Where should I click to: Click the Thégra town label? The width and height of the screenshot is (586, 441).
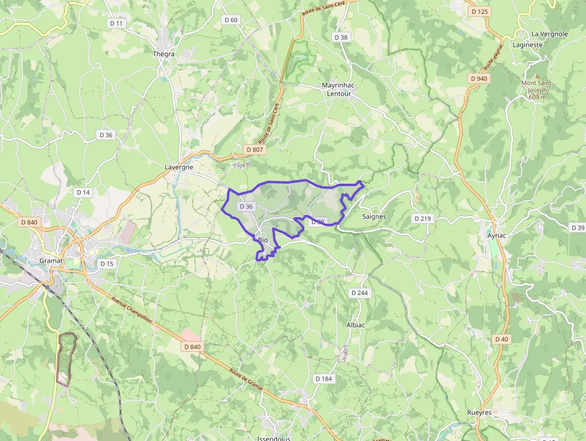click(x=163, y=54)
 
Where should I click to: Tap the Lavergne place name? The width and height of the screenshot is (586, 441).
click(x=179, y=168)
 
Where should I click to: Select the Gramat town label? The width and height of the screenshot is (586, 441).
click(x=51, y=261)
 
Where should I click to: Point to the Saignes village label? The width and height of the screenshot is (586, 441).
click(x=374, y=217)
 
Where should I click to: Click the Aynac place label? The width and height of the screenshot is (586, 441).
click(x=496, y=235)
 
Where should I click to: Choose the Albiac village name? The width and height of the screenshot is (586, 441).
click(x=356, y=325)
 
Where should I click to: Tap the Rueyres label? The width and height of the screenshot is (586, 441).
click(x=480, y=413)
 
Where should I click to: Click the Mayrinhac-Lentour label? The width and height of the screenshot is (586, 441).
click(x=339, y=89)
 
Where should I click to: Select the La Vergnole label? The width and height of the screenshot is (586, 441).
click(x=550, y=34)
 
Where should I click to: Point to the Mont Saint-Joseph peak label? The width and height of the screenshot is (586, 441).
click(x=538, y=90)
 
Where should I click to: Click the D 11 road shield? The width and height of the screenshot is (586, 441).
click(x=117, y=23)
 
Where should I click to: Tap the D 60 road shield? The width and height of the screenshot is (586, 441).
click(x=231, y=20)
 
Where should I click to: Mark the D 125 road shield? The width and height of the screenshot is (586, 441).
click(x=480, y=11)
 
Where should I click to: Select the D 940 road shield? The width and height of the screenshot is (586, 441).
click(x=479, y=78)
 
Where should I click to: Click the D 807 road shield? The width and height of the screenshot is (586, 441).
click(x=254, y=149)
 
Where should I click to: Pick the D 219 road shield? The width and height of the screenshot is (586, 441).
click(x=422, y=218)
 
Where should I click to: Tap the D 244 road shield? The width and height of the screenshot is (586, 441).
click(x=359, y=293)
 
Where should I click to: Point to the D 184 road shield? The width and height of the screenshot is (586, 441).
click(x=323, y=379)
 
